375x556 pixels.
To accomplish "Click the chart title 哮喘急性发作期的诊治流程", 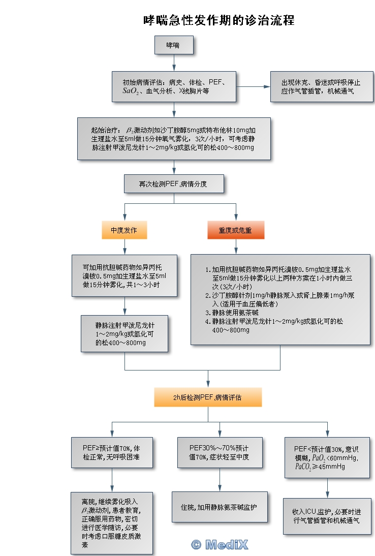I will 218,20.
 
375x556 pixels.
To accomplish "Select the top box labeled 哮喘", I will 174,45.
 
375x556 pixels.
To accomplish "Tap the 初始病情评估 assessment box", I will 174,86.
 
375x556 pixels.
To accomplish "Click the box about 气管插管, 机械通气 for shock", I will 321,86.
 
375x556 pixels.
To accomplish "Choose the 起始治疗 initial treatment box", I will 174,139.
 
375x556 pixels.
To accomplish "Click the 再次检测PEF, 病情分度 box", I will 174,184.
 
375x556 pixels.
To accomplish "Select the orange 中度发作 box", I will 124,230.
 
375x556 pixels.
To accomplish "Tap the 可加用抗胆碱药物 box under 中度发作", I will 124,275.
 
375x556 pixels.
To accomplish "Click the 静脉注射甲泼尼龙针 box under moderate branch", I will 124,333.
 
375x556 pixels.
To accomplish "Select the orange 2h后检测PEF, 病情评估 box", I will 208,397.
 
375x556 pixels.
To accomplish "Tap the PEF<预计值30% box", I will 327,457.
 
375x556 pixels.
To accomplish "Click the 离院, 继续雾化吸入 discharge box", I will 112,522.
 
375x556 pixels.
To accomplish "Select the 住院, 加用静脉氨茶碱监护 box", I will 220,507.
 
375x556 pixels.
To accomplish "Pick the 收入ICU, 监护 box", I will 327,515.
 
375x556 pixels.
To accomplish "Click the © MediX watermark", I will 220,545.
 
